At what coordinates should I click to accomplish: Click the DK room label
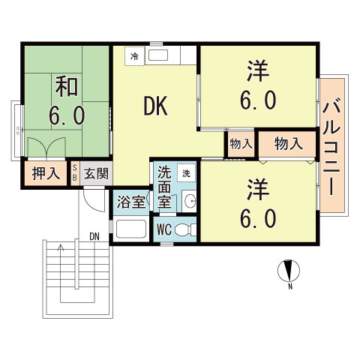pyautogui.click(x=155, y=106)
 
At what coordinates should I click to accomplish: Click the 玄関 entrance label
pyautogui.click(x=96, y=174)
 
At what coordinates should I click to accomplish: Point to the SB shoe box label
pyautogui.click(x=75, y=174)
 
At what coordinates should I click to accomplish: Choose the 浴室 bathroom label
pyautogui.click(x=127, y=202)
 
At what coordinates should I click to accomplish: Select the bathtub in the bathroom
pyautogui.click(x=130, y=230)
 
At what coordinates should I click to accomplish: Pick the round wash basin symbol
pyautogui.click(x=189, y=199)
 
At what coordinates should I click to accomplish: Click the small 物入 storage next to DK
pyautogui.click(x=239, y=143)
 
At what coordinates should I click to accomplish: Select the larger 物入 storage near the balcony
pyautogui.click(x=287, y=143)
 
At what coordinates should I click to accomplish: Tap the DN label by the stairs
pyautogui.click(x=94, y=236)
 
